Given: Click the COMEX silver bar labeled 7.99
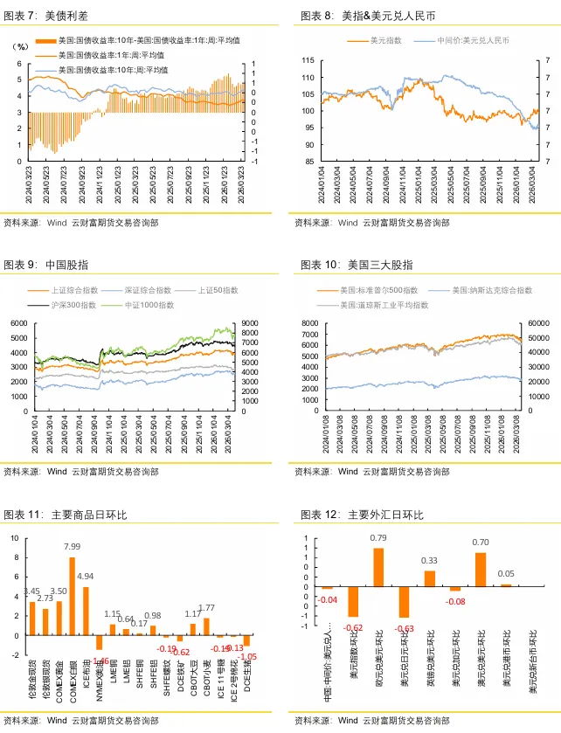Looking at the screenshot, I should pos(72,595).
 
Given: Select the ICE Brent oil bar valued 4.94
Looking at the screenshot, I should pos(86,610).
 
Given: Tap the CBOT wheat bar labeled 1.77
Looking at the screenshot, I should pos(206,626).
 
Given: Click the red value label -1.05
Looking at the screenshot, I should pos(247,656).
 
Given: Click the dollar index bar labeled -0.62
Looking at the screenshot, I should pos(353,603).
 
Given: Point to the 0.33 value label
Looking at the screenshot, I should pos(429,560).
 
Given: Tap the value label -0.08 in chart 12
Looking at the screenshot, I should pos(454,601).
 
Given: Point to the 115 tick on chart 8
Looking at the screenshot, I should pos(308,60).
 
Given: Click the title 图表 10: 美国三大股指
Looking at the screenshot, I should pos(357,264).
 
